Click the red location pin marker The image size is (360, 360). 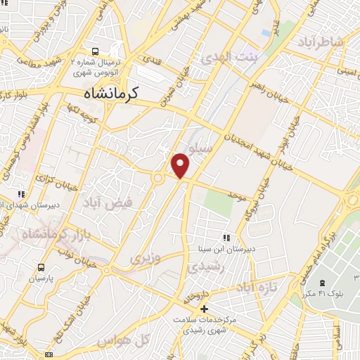(181, 165)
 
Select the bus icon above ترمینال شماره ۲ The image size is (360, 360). (96, 51)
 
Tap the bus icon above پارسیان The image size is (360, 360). (41, 267)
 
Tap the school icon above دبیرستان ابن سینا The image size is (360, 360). (226, 238)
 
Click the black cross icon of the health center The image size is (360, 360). (204, 308)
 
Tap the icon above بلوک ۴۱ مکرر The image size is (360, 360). (332, 282)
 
